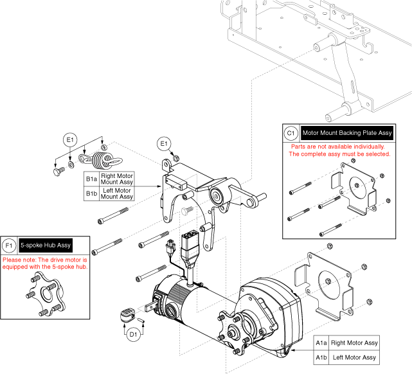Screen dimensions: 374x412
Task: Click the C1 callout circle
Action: (291, 133)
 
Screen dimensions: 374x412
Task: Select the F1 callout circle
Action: (9, 245)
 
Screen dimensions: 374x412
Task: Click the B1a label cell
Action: (92, 178)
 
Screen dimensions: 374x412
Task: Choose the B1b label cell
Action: (92, 193)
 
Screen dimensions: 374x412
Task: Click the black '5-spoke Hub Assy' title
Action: (45, 245)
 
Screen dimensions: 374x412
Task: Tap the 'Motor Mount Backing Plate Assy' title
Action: (347, 133)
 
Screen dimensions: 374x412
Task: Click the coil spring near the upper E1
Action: (100, 159)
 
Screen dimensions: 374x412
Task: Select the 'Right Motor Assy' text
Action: (354, 343)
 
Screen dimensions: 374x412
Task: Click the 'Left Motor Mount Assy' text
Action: (118, 193)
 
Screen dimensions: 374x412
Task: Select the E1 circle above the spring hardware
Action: (70, 139)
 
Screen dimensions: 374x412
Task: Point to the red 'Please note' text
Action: (45, 263)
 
